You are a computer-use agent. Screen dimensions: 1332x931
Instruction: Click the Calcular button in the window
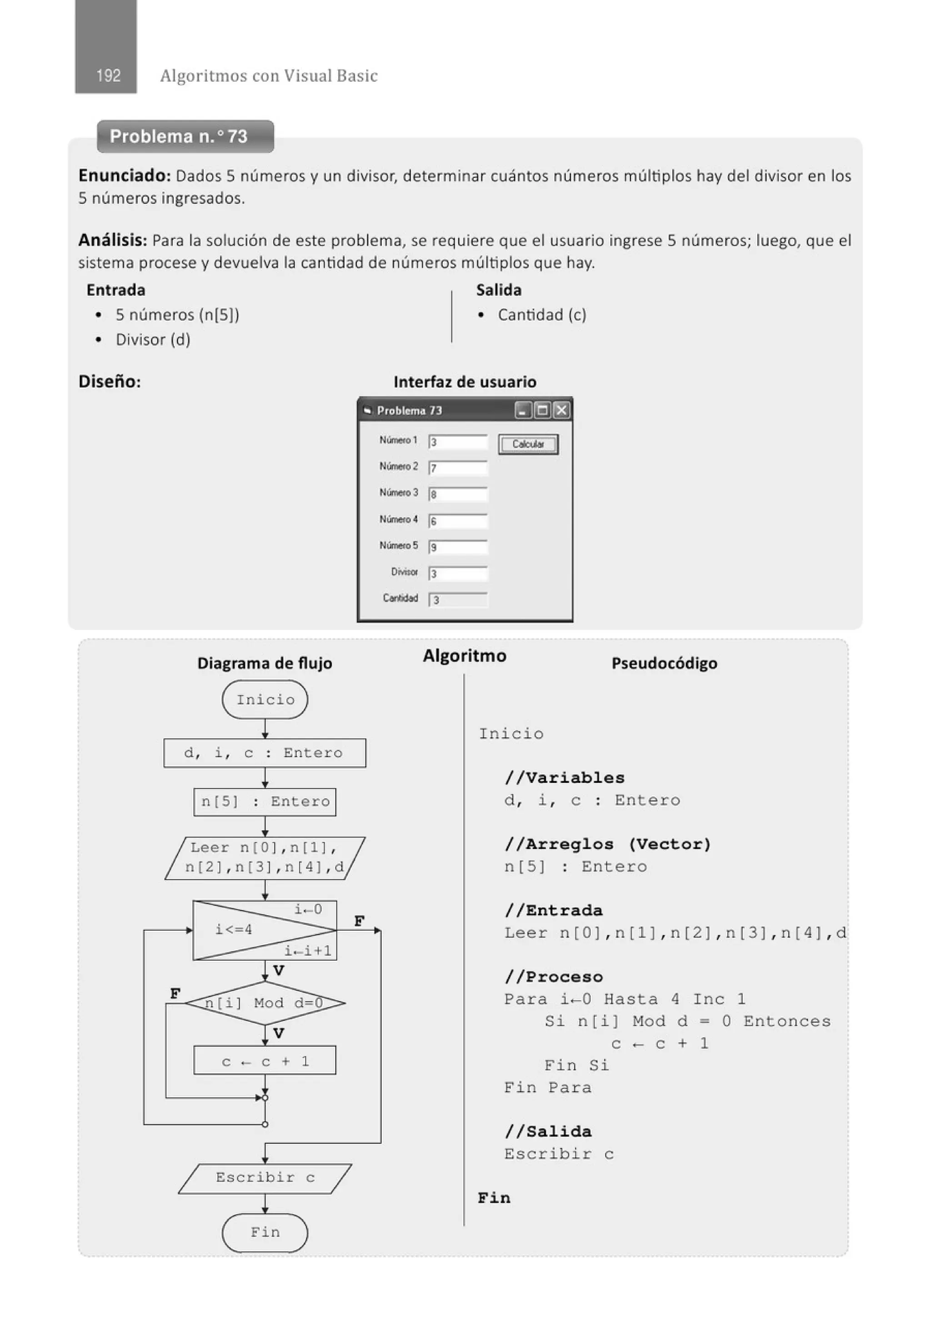click(528, 444)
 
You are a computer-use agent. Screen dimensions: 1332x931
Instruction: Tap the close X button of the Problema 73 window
click(561, 411)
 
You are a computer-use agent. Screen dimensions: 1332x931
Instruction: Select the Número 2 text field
click(458, 468)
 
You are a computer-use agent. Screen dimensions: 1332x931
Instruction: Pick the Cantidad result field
click(458, 600)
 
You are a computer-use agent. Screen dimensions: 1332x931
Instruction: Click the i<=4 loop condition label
click(234, 930)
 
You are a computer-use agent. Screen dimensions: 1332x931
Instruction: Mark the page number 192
click(108, 75)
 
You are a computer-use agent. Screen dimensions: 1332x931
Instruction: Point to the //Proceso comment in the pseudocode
click(554, 977)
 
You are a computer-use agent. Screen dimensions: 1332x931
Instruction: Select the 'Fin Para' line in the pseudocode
click(547, 1088)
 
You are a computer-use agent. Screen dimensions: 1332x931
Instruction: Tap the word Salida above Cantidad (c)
click(499, 290)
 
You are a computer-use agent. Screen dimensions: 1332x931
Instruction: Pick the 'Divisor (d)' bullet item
click(153, 339)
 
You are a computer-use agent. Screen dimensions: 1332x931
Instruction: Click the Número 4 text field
click(458, 521)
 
